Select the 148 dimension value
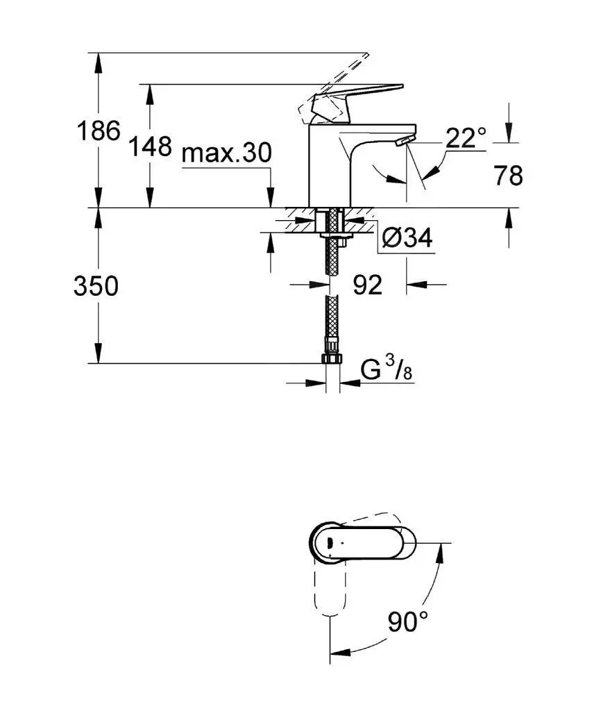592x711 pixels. tap(150, 147)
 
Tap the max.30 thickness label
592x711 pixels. tap(226, 153)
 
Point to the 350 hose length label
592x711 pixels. tap(96, 285)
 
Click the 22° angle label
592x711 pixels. tap(465, 138)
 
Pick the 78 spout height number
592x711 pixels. tap(509, 176)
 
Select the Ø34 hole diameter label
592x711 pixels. tap(407, 238)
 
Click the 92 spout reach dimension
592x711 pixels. tap(368, 285)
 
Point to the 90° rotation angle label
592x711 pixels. tap(408, 621)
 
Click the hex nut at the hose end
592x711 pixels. tap(332, 359)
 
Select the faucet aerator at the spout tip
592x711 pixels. tap(401, 142)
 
